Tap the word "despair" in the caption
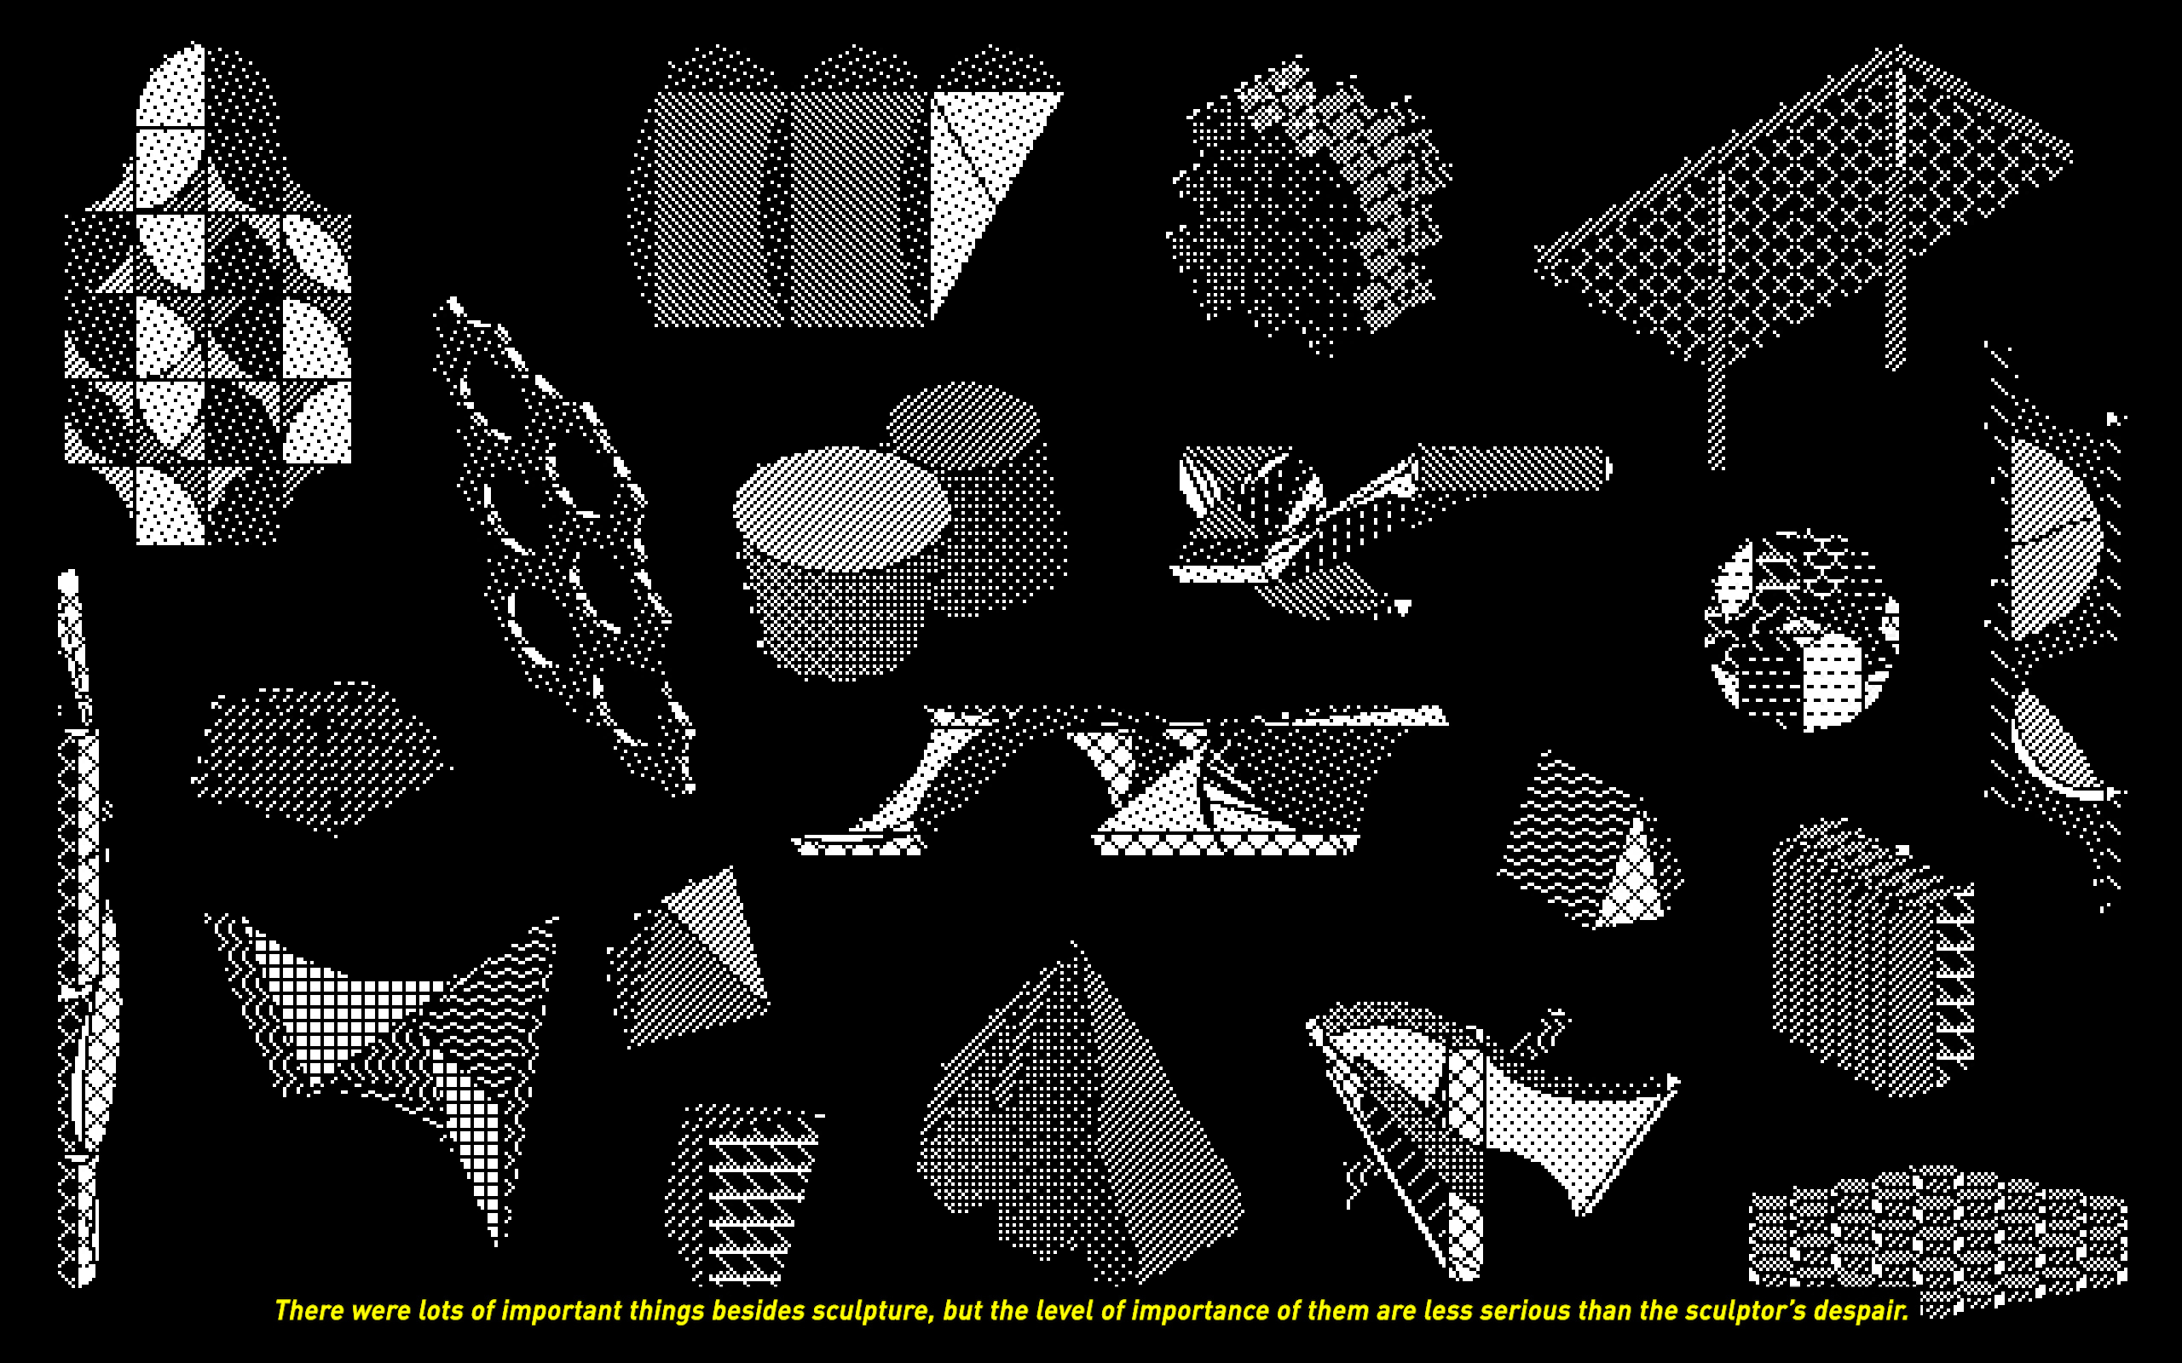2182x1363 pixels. coord(1861,1311)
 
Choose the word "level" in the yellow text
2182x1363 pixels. coord(1064,1310)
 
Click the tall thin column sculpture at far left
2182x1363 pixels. coord(83,929)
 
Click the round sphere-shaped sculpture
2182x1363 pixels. coord(1802,631)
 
